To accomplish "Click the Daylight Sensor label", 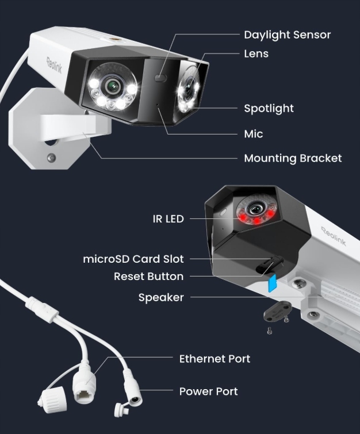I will [287, 34].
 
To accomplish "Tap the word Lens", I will [256, 54].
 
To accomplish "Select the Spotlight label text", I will [269, 108].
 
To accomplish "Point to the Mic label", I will [253, 134].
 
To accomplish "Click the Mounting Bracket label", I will [293, 158].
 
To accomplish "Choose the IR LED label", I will [168, 219].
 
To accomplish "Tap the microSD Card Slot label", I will [133, 259].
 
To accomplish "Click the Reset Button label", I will [148, 276].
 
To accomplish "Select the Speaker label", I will [161, 298].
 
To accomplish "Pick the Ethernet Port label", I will [215, 359].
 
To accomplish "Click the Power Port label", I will [208, 391].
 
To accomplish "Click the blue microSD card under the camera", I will [273, 282].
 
